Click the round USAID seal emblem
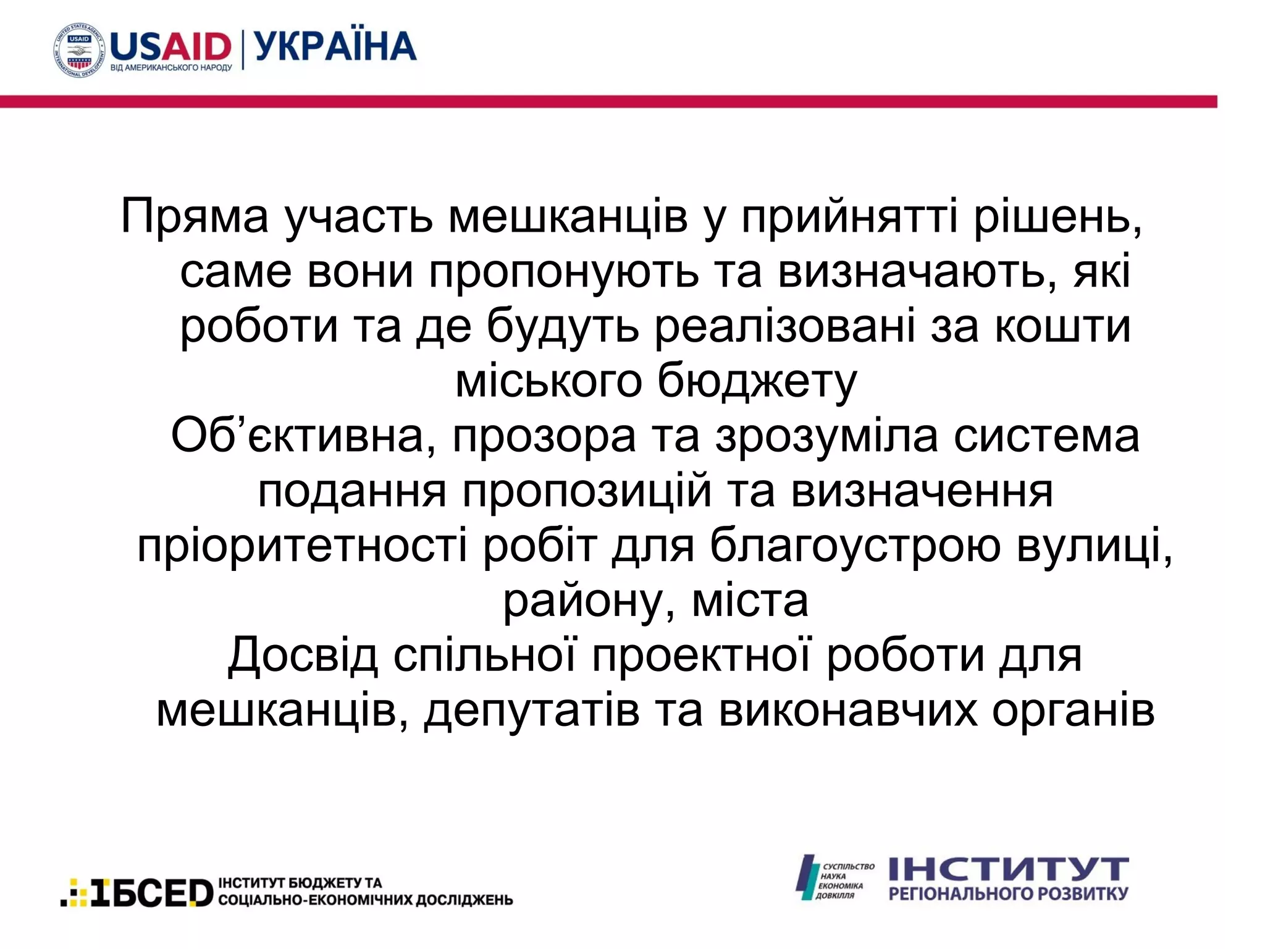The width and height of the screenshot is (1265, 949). coord(79,50)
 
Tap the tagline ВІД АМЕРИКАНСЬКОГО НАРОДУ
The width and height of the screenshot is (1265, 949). coord(171,67)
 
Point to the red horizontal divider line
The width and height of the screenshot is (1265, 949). coord(608,101)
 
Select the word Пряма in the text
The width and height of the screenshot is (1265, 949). coord(195,217)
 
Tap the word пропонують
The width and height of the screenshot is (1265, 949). coord(564,272)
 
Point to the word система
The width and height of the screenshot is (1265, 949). coord(1046,436)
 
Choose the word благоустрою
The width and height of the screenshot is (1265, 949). coord(855,546)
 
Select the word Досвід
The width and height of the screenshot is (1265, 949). coord(303,656)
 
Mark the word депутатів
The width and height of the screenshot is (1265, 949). coord(531,711)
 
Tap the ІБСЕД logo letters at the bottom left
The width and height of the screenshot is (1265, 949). coord(151,893)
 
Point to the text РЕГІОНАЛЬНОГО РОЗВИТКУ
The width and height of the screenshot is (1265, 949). coord(1008,893)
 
